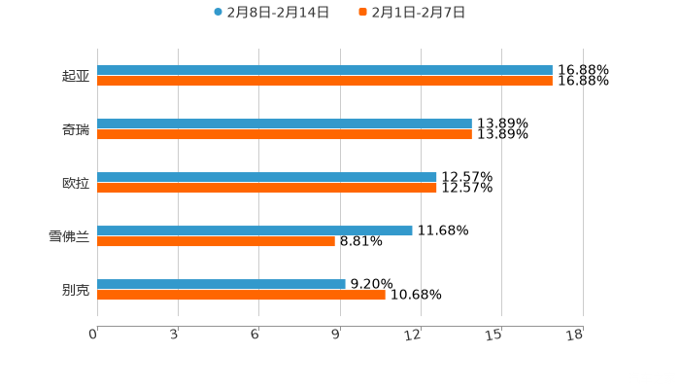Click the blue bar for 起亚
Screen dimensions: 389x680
[324, 71]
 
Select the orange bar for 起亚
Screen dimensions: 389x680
[324, 82]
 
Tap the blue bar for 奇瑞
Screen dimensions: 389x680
[285, 124]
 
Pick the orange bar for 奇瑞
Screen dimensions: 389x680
[285, 135]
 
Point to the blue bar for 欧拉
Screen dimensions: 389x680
[267, 178]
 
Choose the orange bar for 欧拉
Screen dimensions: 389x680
[267, 189]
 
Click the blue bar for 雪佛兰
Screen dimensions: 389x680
[255, 231]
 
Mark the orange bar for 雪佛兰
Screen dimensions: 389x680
[216, 242]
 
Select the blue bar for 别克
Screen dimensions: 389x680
[221, 285]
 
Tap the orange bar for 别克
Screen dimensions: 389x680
[241, 296]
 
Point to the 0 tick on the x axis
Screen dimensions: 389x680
[94, 335]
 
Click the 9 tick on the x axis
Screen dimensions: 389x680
[337, 335]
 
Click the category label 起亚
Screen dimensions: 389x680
[76, 76]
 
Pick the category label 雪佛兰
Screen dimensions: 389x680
[69, 236]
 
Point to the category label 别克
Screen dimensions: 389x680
[76, 290]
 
